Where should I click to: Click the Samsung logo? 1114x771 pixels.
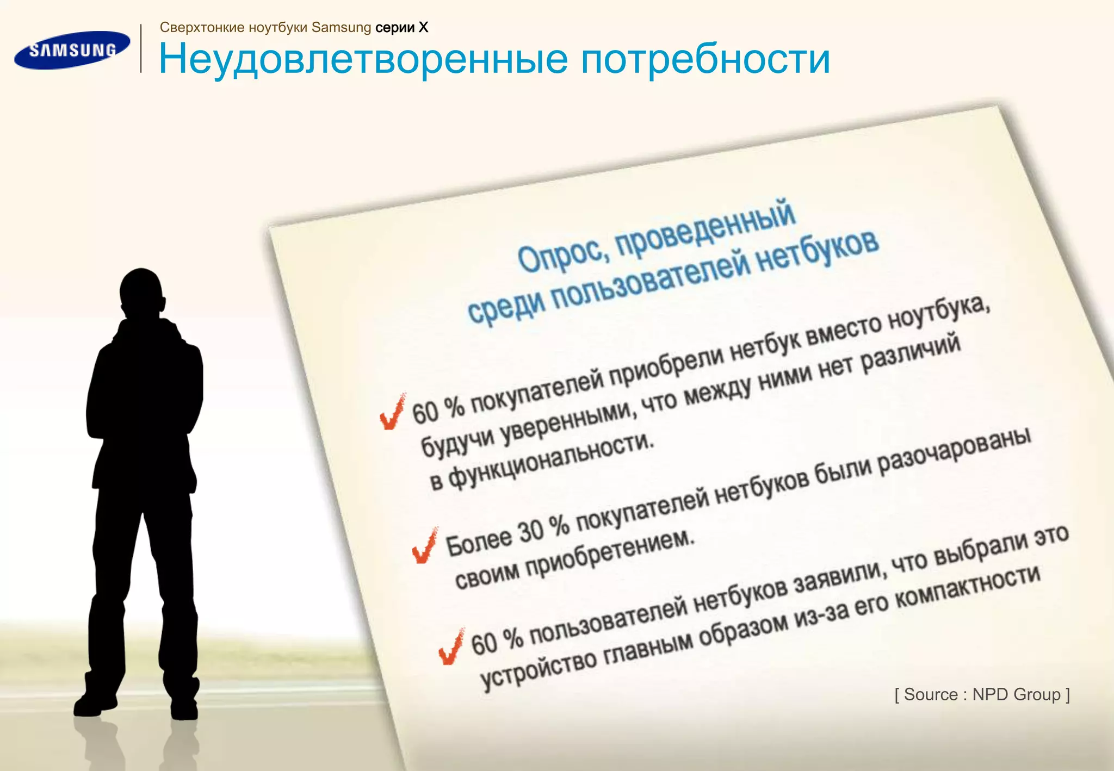[x=72, y=50]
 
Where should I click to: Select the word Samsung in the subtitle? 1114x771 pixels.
[x=341, y=27]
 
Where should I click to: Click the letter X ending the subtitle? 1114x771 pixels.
[x=423, y=27]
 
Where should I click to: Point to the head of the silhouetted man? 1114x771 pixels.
[x=141, y=294]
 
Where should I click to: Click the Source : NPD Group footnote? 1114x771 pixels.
[x=982, y=694]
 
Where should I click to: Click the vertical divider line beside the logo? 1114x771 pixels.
[x=141, y=48]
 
